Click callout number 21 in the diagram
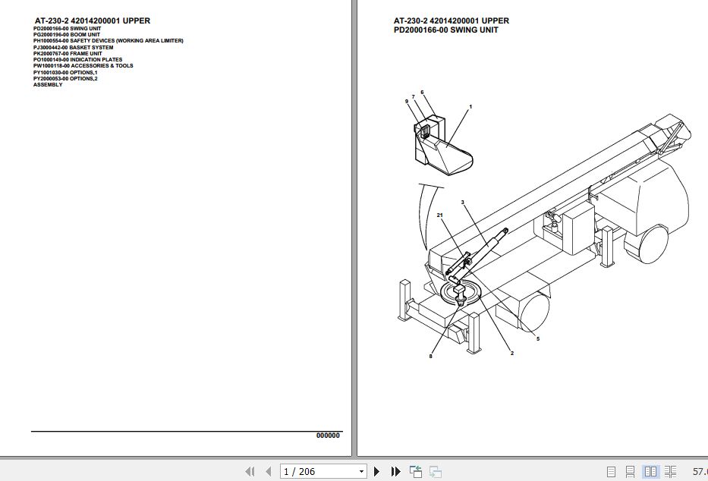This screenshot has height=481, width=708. pos(439,215)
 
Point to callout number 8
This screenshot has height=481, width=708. pos(430,356)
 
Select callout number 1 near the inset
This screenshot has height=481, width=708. pos(470,107)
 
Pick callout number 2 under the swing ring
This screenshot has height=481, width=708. pos(511,354)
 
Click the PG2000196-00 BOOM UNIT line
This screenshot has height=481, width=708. pos(68,34)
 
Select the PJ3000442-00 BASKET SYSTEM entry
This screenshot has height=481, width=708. pos(73,47)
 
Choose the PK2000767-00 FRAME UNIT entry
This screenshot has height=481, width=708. pos(68,53)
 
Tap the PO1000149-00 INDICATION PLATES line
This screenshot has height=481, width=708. pos(77,59)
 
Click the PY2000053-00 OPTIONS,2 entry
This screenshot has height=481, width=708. pos(65,78)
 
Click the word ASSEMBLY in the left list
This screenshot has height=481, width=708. pos(48,84)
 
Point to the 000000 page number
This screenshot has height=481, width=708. pos(328,435)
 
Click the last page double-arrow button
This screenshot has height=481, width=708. pos(395,472)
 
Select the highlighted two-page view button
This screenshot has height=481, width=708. pos(650,472)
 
